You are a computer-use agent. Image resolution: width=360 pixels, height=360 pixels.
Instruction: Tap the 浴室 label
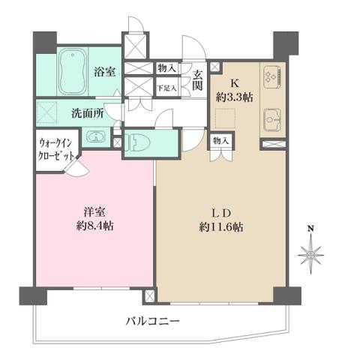click(104, 73)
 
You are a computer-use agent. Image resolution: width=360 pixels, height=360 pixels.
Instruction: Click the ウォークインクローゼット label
click(57, 151)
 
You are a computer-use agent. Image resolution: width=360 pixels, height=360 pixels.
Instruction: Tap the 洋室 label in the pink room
click(94, 211)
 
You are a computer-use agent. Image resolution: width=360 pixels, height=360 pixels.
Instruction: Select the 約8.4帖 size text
click(94, 226)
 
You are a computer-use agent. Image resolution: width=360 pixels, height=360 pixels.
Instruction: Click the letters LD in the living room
click(221, 211)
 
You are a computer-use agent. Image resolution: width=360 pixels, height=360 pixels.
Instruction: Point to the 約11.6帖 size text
click(221, 226)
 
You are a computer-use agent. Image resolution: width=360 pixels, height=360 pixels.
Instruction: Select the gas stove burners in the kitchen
click(271, 77)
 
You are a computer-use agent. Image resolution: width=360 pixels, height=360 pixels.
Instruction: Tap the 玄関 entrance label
click(198, 79)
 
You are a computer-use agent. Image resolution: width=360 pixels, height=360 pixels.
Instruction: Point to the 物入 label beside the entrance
click(166, 68)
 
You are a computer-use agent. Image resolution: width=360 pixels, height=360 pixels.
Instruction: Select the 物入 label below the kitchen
click(221, 140)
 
